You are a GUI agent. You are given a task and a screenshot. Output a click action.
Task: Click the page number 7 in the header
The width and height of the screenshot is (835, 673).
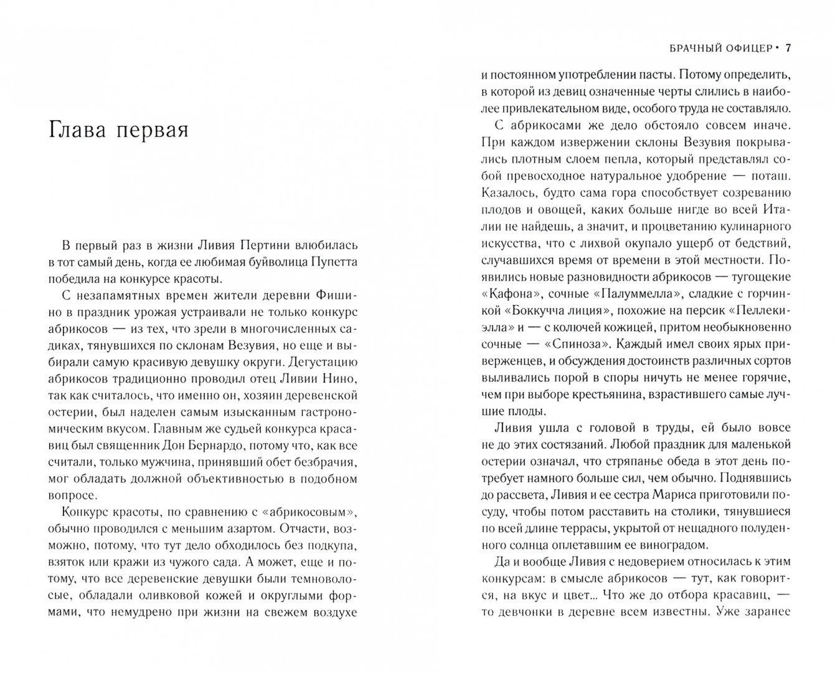pyautogui.click(x=788, y=48)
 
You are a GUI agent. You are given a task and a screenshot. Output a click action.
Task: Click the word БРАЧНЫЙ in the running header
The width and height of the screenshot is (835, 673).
pyautogui.click(x=686, y=48)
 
